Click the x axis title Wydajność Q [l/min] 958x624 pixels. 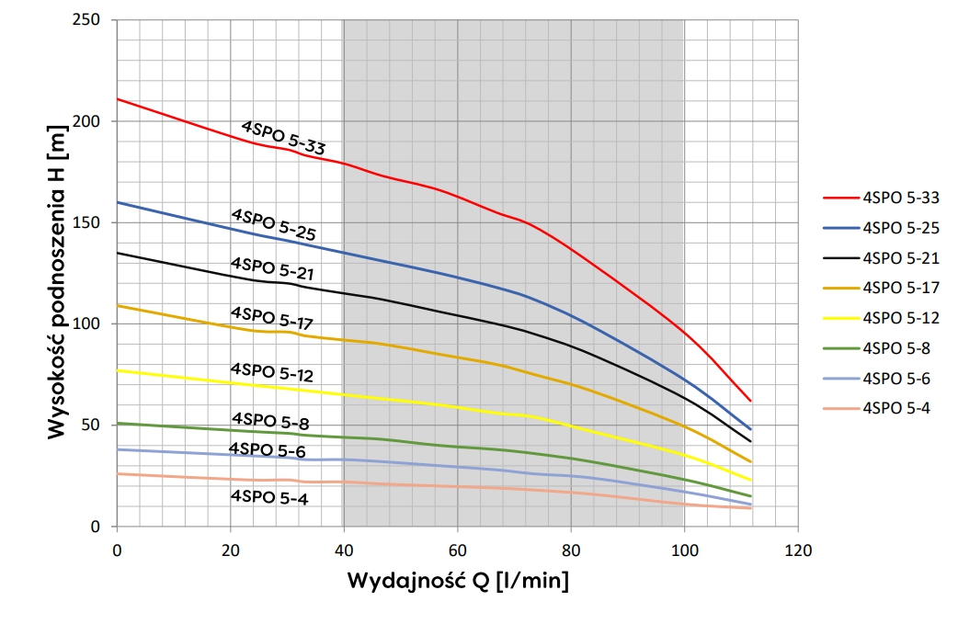pos(457,582)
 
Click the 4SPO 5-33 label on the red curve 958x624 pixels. pos(283,138)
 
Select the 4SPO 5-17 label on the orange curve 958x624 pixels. pos(272,319)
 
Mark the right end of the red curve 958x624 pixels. pos(750,401)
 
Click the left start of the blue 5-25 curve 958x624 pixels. pos(118,202)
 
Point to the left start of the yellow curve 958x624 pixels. pos(118,370)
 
